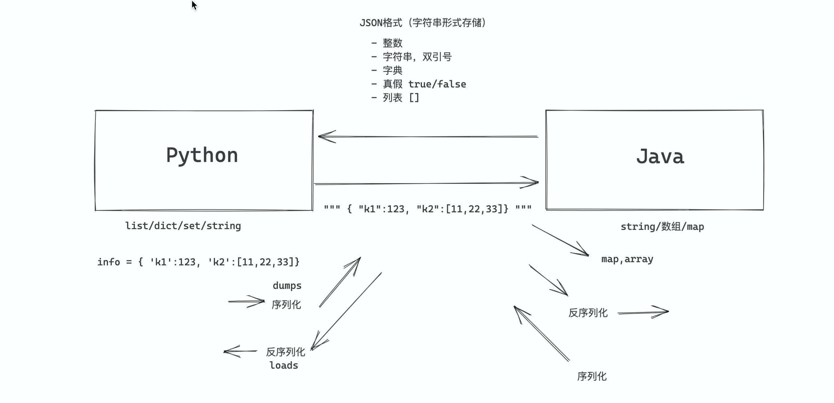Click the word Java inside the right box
[660, 157]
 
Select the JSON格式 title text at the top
[423, 23]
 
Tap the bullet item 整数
[392, 43]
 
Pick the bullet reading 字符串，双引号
[417, 57]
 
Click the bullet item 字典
[392, 70]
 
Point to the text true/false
[437, 84]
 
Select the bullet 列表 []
[401, 97]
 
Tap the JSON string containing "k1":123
[427, 209]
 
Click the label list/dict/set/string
[183, 226]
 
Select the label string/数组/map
[662, 227]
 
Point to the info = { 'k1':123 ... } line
[198, 262]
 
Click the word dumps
[287, 286]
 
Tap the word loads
[284, 366]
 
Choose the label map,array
[627, 259]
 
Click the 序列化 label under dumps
[286, 305]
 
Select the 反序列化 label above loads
[285, 352]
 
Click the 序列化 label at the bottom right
[591, 376]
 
